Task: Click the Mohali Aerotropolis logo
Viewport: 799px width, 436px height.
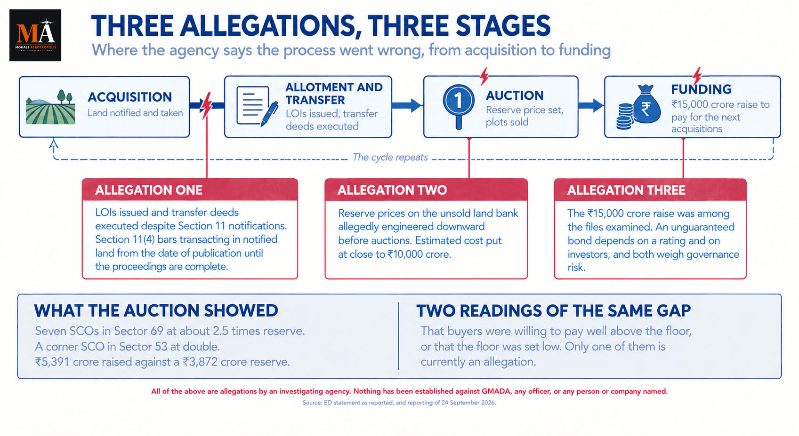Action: pos(35,35)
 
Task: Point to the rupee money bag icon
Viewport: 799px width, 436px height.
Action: pos(638,107)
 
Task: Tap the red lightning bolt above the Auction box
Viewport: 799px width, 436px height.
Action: pos(484,76)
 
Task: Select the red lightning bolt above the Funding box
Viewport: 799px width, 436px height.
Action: pos(697,76)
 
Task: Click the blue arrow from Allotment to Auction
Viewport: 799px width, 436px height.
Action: pos(407,105)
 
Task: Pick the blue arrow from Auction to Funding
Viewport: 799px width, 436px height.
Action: pos(591,105)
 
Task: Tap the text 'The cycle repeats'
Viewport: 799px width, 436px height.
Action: pos(390,157)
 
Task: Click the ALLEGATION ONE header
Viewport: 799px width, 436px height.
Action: pos(149,190)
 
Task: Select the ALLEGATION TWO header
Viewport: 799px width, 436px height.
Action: pos(392,190)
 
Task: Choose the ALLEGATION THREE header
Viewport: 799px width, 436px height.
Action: pos(626,190)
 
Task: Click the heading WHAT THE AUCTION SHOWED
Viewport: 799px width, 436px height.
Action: pos(156,310)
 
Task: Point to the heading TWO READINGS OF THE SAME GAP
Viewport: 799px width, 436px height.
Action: pos(553,310)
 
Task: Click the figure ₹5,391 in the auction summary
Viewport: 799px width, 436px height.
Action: pos(52,362)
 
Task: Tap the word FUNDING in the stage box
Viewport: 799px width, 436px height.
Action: pos(701,89)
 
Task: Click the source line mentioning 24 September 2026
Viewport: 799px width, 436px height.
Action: pos(399,403)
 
